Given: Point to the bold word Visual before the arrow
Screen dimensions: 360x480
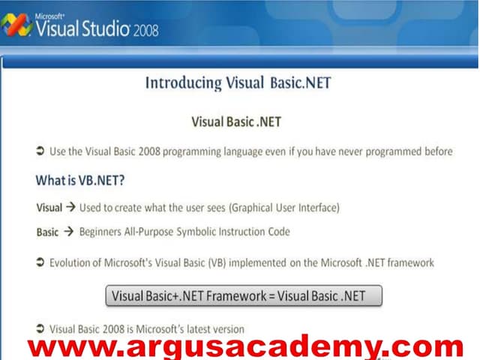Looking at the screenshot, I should point(49,208).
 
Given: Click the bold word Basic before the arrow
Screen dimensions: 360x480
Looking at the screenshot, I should point(47,232).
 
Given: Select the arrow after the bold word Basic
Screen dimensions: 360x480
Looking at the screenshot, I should point(69,232).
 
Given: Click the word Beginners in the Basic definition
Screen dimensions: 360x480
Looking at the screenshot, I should point(103,232).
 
